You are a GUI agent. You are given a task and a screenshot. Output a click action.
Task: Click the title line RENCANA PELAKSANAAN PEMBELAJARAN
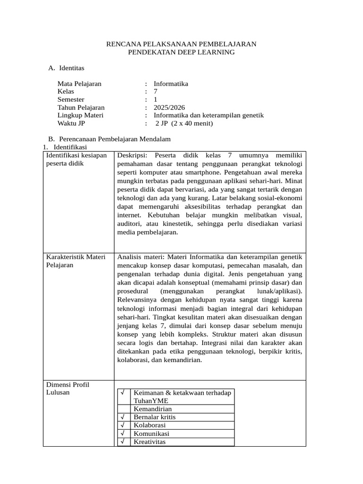tap(181, 44)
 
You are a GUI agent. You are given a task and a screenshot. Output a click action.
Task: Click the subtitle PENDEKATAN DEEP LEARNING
tap(181, 52)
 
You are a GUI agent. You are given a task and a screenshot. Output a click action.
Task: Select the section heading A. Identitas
tap(66, 69)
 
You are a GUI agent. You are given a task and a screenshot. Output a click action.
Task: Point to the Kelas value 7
tap(156, 92)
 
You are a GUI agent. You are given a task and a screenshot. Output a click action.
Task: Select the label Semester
tap(71, 100)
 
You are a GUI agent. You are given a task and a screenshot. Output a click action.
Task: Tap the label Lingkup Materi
tap(80, 116)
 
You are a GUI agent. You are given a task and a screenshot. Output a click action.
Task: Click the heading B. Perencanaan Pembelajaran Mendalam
tap(109, 139)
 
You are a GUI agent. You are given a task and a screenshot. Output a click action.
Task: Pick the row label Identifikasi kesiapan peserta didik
tap(76, 160)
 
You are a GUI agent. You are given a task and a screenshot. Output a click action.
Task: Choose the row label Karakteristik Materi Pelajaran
tap(76, 261)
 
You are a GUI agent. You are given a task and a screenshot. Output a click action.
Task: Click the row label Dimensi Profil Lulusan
tap(67, 389)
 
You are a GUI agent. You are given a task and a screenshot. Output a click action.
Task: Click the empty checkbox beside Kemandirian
tap(122, 409)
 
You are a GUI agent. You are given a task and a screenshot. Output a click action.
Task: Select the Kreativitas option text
tap(150, 442)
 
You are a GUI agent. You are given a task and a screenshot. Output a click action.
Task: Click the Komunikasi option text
tap(151, 434)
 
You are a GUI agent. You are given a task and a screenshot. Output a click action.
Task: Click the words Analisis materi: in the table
tap(140, 257)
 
